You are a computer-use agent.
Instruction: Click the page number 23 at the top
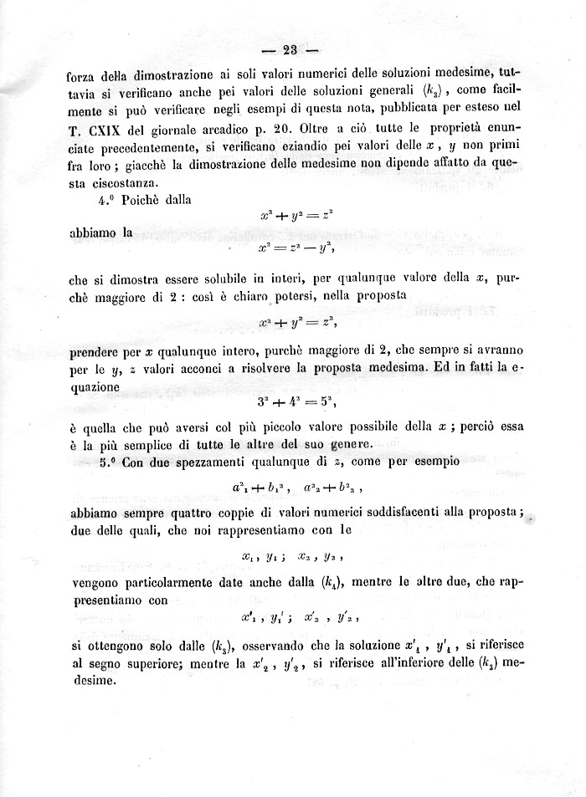(291, 49)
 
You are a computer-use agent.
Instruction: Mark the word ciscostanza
(121, 183)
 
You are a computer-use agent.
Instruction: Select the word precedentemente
(129, 147)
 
